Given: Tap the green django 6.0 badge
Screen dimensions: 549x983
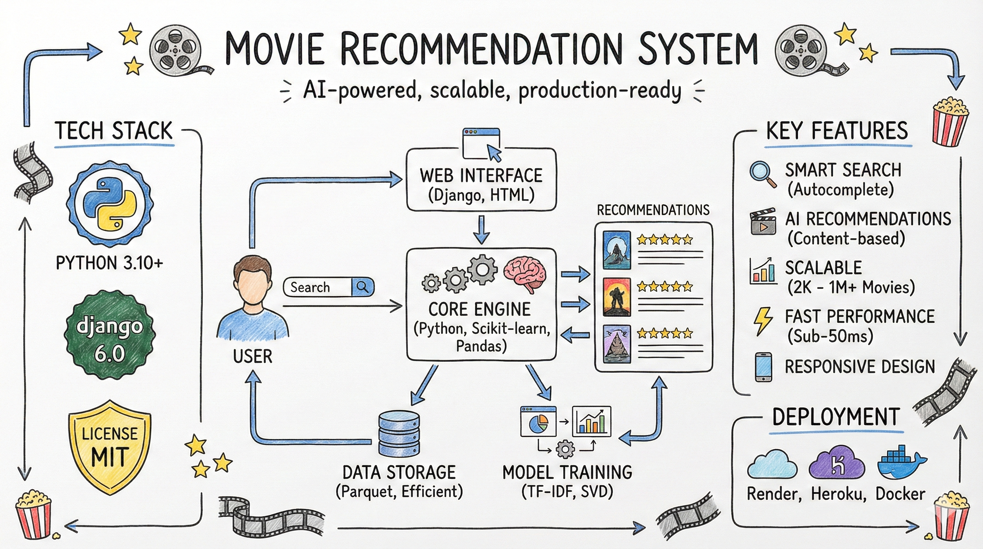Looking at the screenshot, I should (x=110, y=335).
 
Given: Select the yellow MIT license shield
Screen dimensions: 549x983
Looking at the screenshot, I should (x=110, y=447).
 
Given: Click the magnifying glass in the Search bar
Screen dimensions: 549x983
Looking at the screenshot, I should (x=362, y=287).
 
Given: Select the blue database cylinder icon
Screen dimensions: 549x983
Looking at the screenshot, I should (x=399, y=433).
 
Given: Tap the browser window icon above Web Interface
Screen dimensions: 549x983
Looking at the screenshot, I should (x=481, y=144).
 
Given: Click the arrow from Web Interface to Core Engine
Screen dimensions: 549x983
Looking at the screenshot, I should (x=481, y=229).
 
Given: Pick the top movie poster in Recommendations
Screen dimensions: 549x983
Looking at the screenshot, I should (x=616, y=250).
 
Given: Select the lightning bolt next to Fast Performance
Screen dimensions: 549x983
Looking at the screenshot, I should (x=763, y=321).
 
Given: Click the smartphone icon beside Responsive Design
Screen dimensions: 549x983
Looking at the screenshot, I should (x=764, y=367).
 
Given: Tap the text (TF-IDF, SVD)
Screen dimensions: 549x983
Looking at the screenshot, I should (x=567, y=491).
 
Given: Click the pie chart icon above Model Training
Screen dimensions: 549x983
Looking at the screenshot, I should (x=538, y=422).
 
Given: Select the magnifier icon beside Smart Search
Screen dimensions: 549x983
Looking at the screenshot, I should (x=762, y=174).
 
